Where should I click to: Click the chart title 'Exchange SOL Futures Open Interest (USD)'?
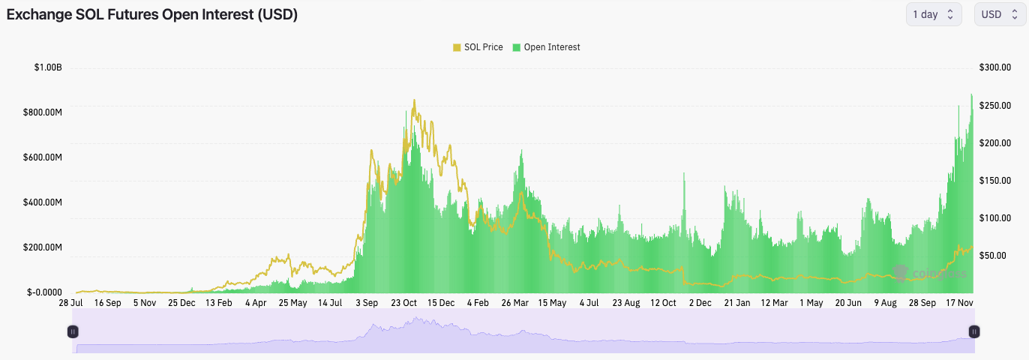(152, 14)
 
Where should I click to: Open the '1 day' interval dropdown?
(934, 14)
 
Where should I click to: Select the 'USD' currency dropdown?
(1000, 14)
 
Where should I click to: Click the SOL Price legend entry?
(478, 47)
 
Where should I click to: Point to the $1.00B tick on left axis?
(47, 67)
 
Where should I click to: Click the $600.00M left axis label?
(42, 157)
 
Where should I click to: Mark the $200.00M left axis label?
(42, 247)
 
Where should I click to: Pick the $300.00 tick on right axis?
(995, 67)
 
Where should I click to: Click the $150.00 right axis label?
(995, 180)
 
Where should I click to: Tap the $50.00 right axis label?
(997, 255)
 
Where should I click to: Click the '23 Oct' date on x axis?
(404, 303)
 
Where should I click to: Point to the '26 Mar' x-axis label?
(515, 303)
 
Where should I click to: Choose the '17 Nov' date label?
(959, 303)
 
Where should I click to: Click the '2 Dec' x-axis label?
(700, 303)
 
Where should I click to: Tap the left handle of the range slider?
(73, 331)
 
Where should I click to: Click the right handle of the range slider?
(973, 331)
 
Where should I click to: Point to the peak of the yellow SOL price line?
(414, 100)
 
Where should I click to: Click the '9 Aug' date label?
(885, 303)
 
